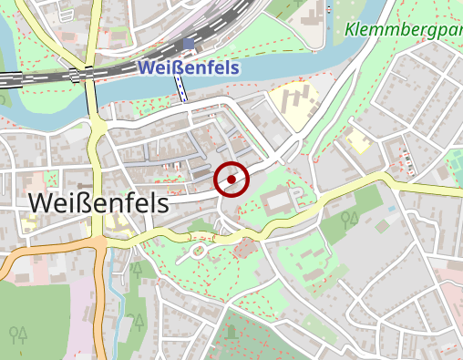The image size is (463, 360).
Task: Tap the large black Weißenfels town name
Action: coord(98,203)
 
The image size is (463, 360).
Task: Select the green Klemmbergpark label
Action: coord(401,29)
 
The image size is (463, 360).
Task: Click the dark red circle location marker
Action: coord(231,180)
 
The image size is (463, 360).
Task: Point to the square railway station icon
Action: coord(189,43)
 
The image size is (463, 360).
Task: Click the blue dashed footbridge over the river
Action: coord(180,88)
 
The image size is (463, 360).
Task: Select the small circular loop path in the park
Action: coord(198,251)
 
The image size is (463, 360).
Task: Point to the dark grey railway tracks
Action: coord(46,78)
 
